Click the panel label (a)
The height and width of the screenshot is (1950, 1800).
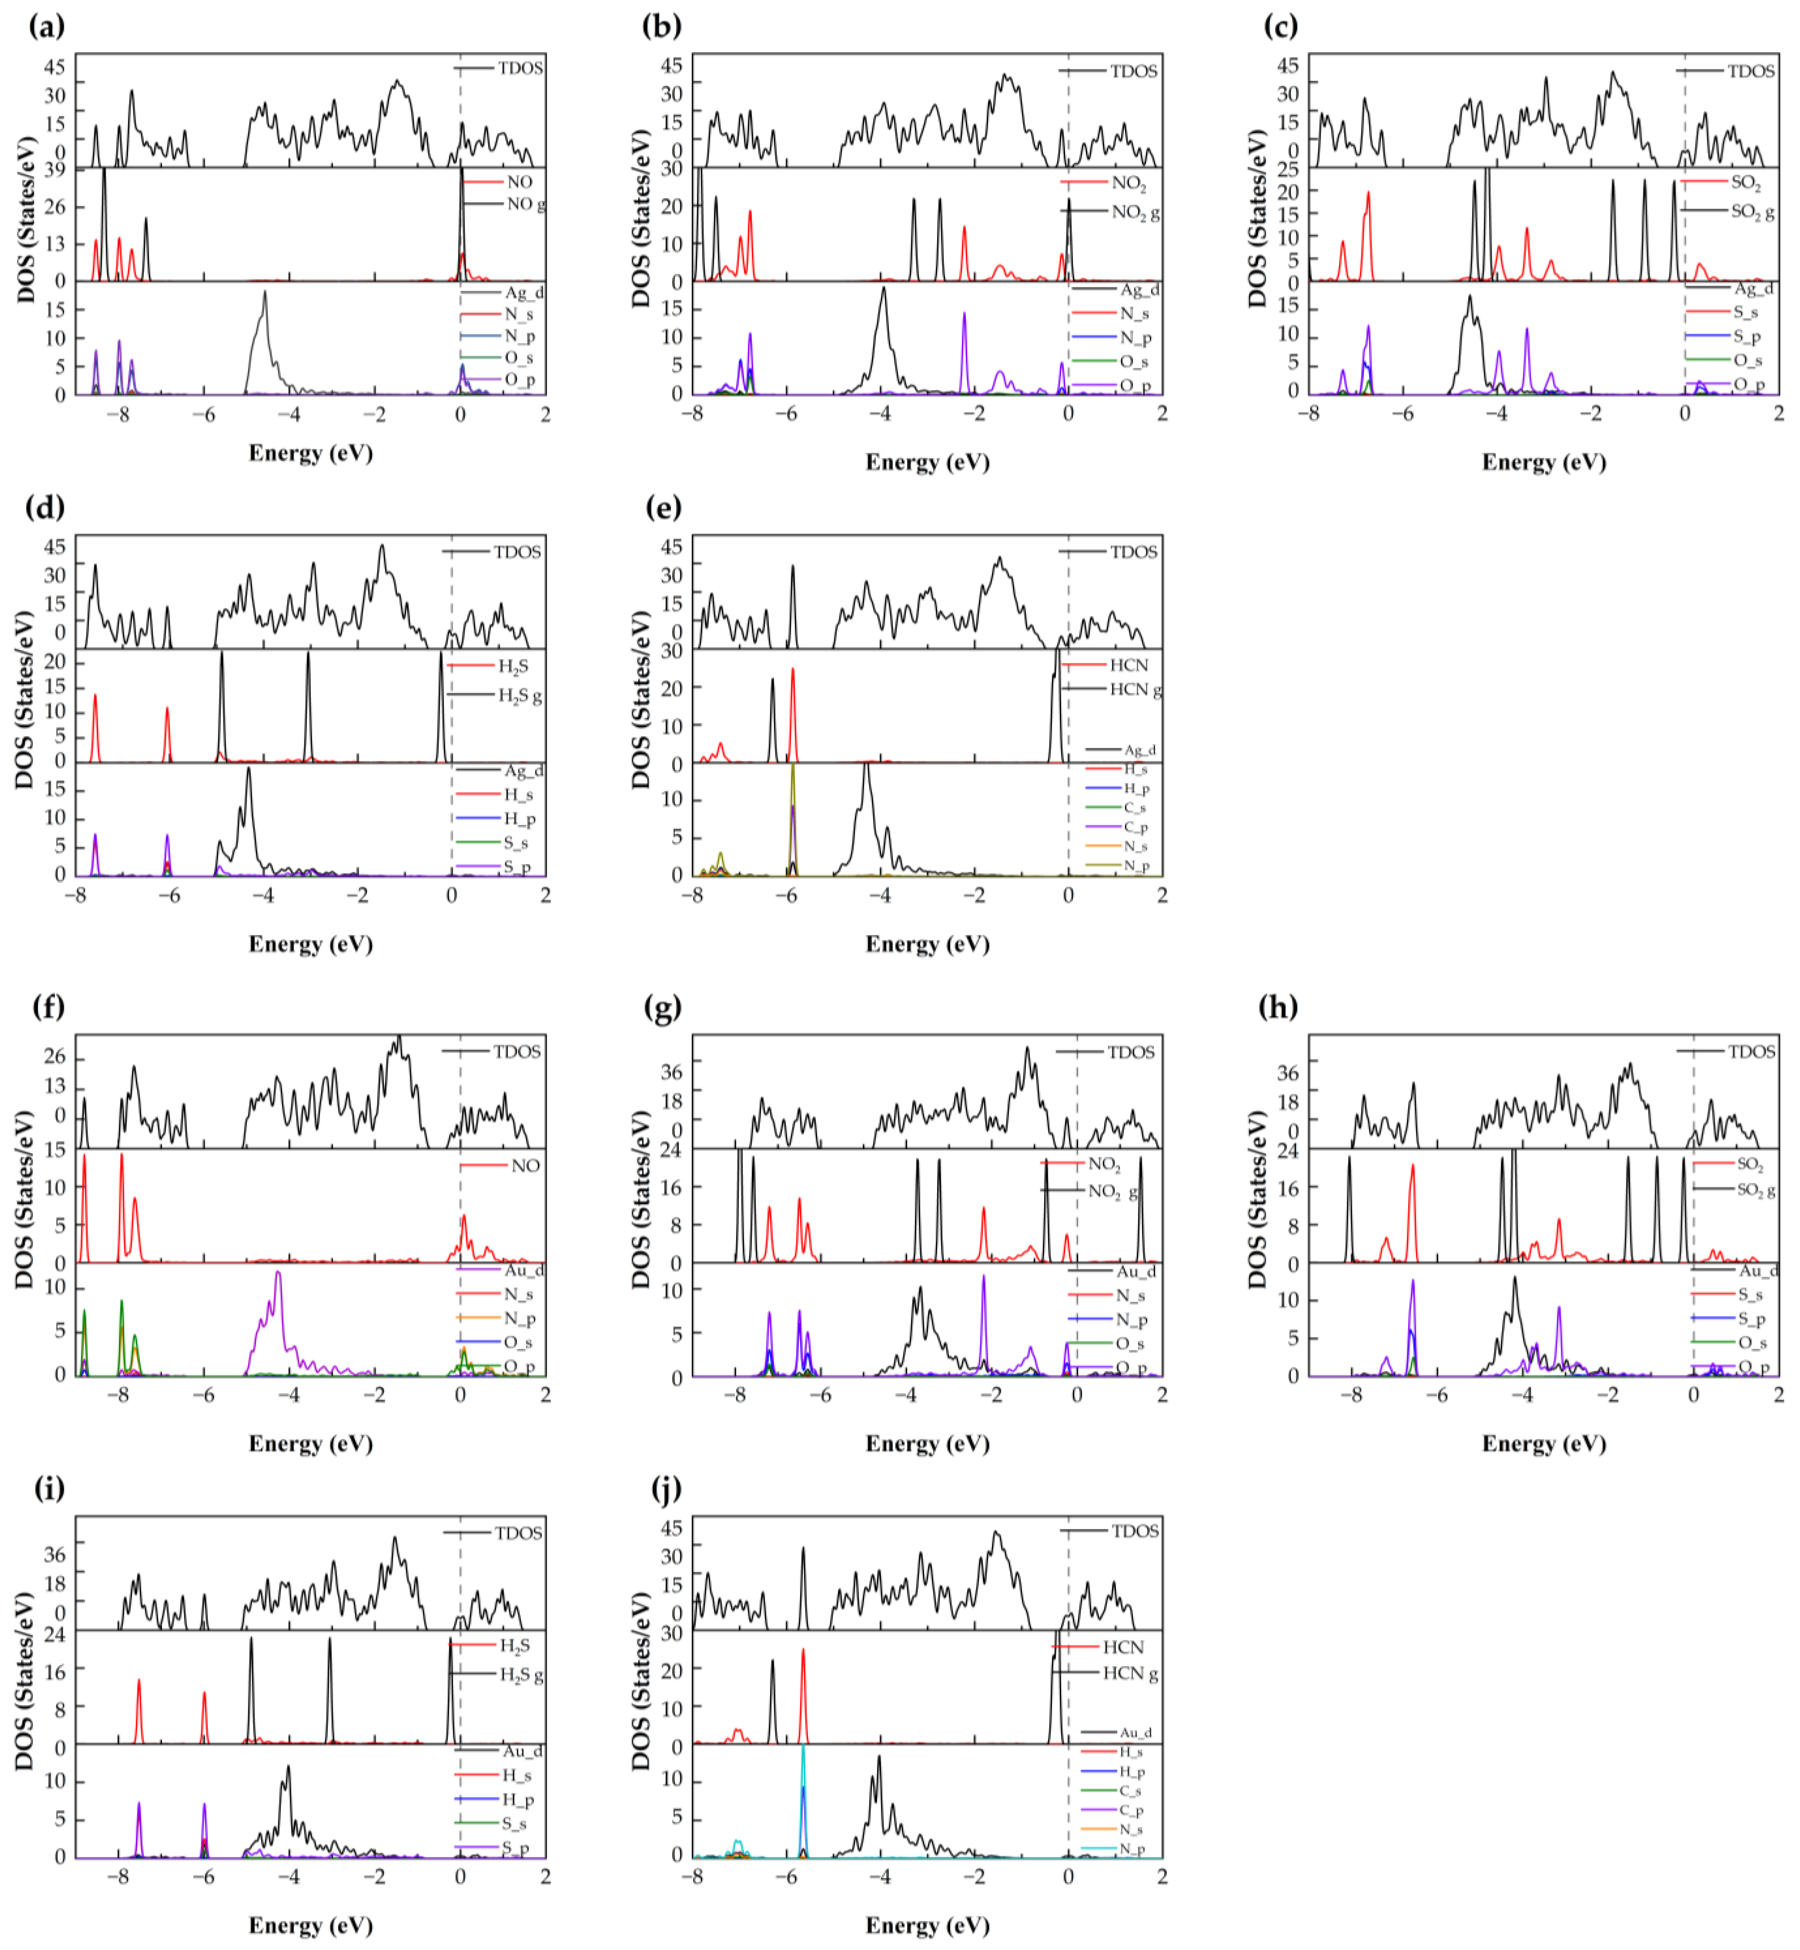[x=47, y=26]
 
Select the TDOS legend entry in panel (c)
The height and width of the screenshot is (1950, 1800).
[x=1750, y=71]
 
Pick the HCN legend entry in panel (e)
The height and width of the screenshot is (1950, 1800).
[x=1129, y=665]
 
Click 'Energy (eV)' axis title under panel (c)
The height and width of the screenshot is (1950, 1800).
[x=1544, y=462]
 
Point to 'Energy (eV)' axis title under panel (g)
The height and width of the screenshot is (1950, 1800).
[x=927, y=1443]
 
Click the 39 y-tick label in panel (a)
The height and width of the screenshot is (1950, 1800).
[x=54, y=170]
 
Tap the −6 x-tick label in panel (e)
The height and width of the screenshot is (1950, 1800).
[x=786, y=894]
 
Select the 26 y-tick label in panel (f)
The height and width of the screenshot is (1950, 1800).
[x=54, y=1057]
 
